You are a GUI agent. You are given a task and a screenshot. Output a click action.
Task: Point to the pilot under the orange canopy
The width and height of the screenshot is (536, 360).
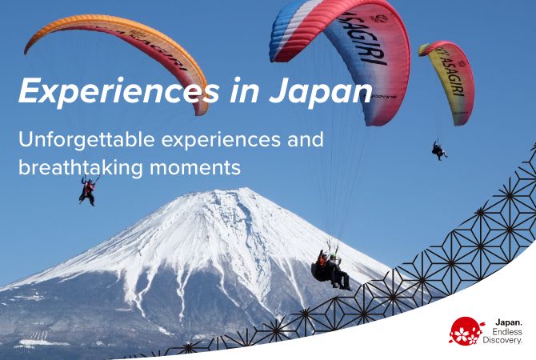(x=86, y=190)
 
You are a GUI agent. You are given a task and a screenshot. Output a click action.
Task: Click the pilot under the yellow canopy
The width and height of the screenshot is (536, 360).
(x=439, y=150)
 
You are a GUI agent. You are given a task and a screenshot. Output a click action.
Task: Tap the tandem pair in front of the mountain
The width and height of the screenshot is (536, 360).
(x=331, y=271)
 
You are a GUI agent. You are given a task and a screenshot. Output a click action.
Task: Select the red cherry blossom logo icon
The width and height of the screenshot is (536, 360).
(x=466, y=330)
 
